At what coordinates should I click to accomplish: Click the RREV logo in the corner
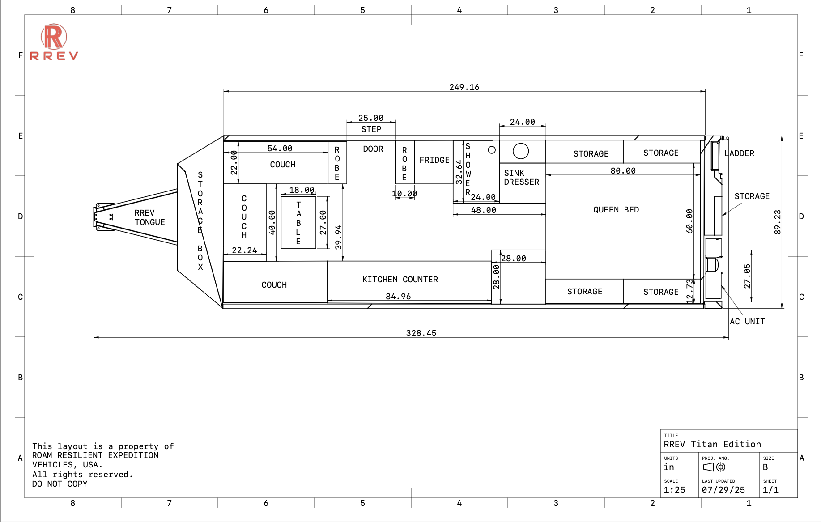[x=54, y=42]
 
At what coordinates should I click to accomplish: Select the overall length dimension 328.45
[x=421, y=333]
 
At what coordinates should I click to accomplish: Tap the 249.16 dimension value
[x=464, y=87]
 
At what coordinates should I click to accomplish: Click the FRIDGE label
[x=434, y=160]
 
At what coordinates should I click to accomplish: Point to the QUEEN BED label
[x=616, y=209]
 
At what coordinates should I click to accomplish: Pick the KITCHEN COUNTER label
[x=400, y=279]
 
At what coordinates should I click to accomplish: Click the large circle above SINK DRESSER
[x=521, y=151]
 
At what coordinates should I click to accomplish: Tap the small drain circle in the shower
[x=492, y=150]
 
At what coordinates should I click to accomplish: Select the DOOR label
[x=373, y=149]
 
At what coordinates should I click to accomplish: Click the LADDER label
[x=739, y=153]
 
